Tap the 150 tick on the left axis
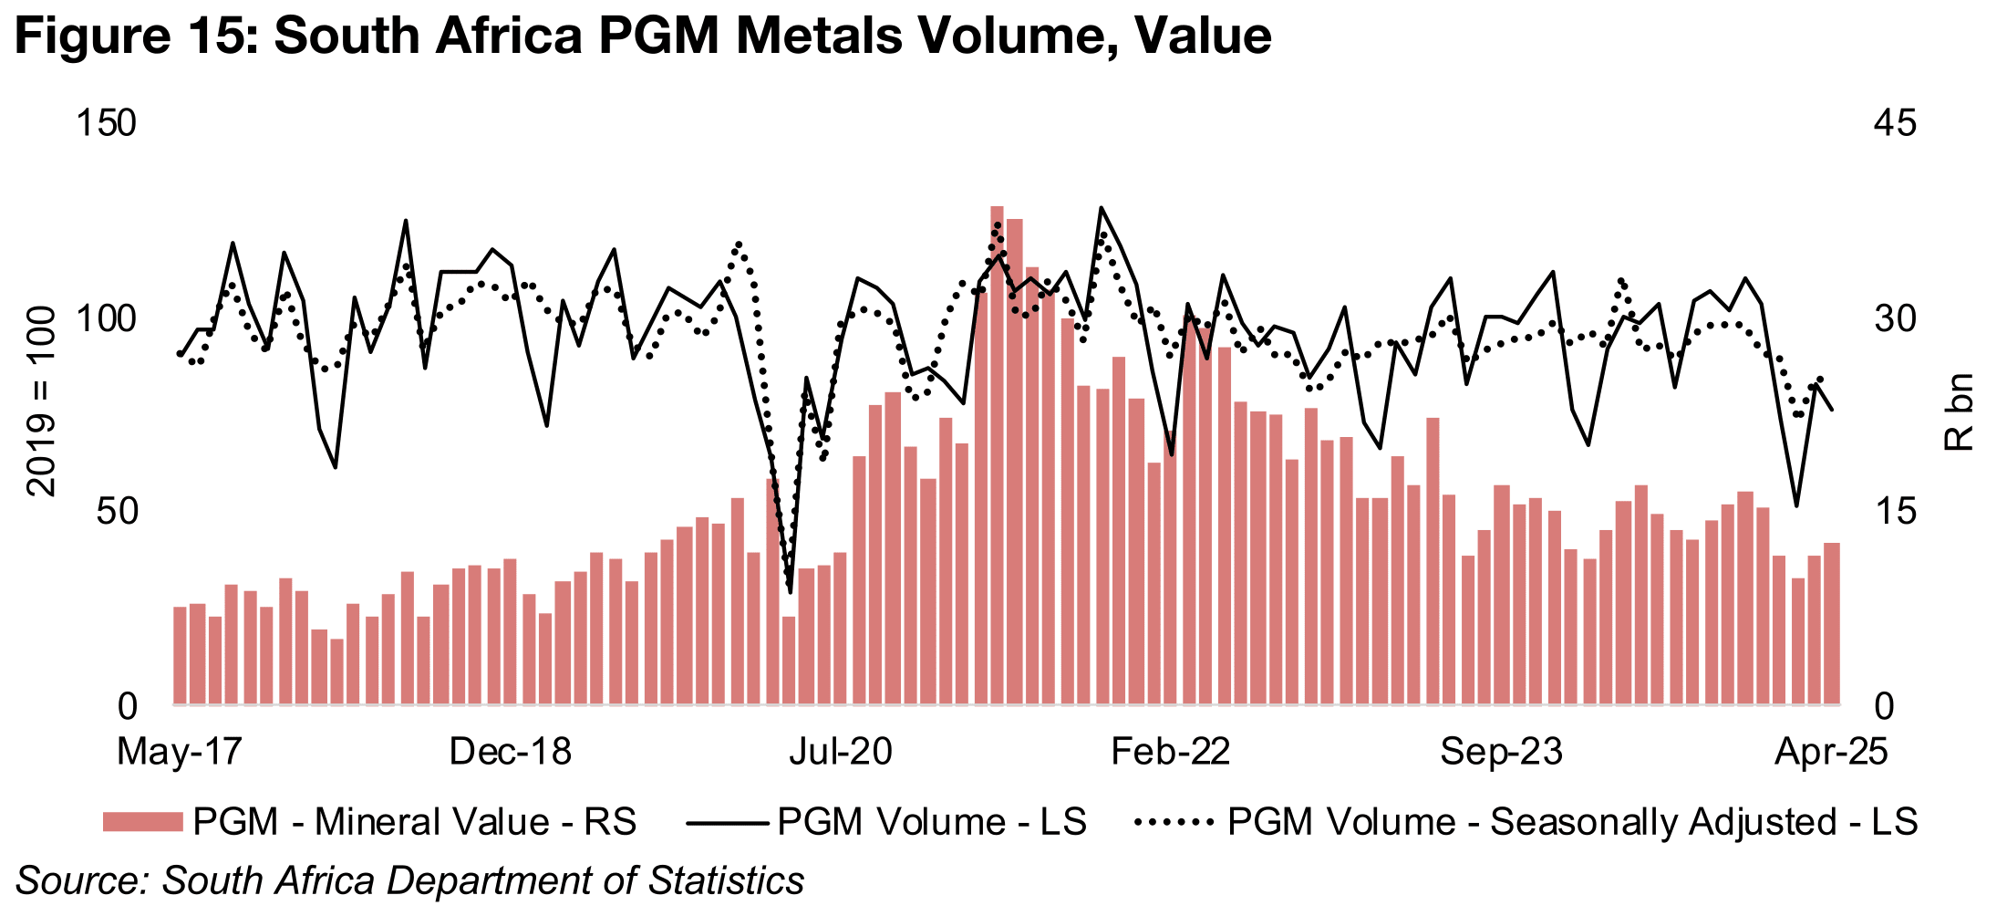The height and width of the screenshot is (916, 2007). coord(107,123)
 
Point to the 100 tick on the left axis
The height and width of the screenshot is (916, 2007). coord(107,319)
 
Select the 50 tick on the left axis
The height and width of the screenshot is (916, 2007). coord(116,512)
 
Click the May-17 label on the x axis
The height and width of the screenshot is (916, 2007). coord(180,752)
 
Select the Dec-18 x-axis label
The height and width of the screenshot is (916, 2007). coord(510,752)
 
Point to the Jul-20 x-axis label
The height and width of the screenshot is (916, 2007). coord(840,752)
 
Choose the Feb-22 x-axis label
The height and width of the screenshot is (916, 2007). coord(1170,752)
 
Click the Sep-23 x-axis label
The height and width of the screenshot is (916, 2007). coord(1501,752)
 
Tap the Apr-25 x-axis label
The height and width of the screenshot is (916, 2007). coord(1830,752)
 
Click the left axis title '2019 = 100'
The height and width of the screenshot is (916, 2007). coord(42,401)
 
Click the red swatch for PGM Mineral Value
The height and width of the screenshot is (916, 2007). coord(142,822)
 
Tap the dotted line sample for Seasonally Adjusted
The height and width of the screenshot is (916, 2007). coord(1174,822)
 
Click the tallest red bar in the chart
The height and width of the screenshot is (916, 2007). coord(997,456)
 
